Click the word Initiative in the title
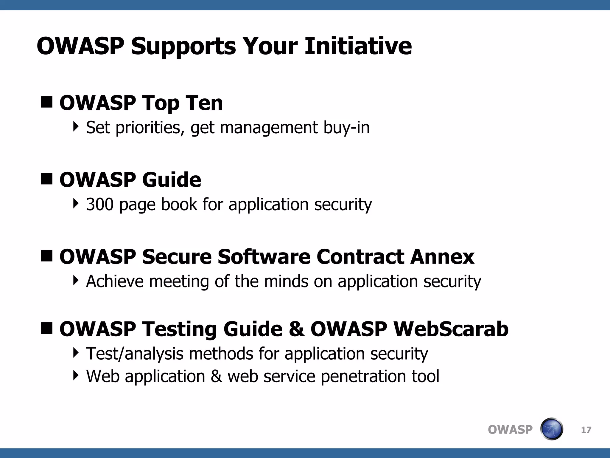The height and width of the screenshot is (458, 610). click(x=358, y=46)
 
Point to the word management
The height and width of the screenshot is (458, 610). click(x=269, y=128)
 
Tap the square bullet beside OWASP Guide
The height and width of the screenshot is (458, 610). click(x=46, y=179)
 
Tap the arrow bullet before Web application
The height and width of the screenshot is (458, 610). click(x=76, y=375)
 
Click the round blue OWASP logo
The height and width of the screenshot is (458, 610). click(x=551, y=429)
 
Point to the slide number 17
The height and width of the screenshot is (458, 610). click(x=586, y=430)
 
